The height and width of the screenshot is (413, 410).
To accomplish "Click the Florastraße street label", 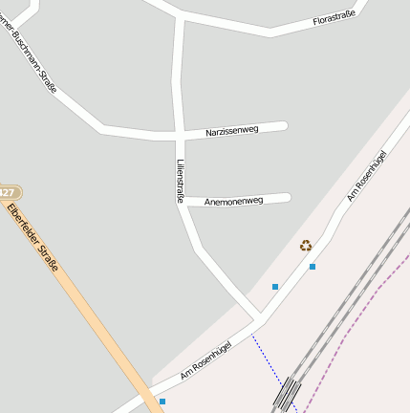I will (334, 17).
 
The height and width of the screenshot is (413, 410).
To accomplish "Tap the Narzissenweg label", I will (232, 130).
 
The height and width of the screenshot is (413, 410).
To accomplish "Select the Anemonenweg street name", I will (234, 201).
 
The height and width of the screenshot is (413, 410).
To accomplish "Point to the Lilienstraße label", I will (179, 180).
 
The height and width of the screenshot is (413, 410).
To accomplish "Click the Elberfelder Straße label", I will (32, 237).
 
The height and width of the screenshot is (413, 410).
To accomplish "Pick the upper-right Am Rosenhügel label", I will (366, 176).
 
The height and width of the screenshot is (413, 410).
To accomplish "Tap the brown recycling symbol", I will (306, 246).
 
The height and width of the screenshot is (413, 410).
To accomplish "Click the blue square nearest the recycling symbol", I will (313, 267).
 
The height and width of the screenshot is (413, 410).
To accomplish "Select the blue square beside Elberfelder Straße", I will (162, 402).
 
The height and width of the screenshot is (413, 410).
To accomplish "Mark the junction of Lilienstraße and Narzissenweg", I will (180, 133).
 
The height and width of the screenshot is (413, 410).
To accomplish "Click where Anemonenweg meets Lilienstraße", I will (183, 203).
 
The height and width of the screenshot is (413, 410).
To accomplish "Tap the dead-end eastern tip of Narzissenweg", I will (284, 125).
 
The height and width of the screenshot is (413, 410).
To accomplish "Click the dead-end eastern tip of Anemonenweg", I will (287, 198).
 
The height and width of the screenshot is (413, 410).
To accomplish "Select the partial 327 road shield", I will (10, 192).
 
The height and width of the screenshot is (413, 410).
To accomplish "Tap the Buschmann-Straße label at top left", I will (34, 59).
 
